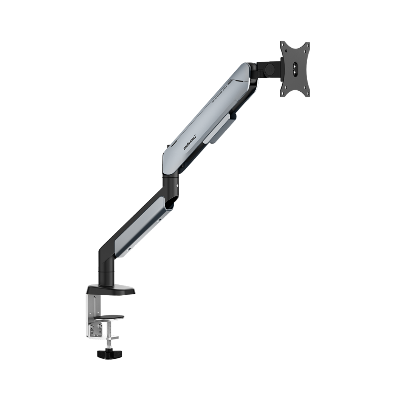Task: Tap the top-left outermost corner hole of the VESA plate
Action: point(283,44)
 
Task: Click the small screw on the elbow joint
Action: point(178,186)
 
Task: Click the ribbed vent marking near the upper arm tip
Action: point(231,81)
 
